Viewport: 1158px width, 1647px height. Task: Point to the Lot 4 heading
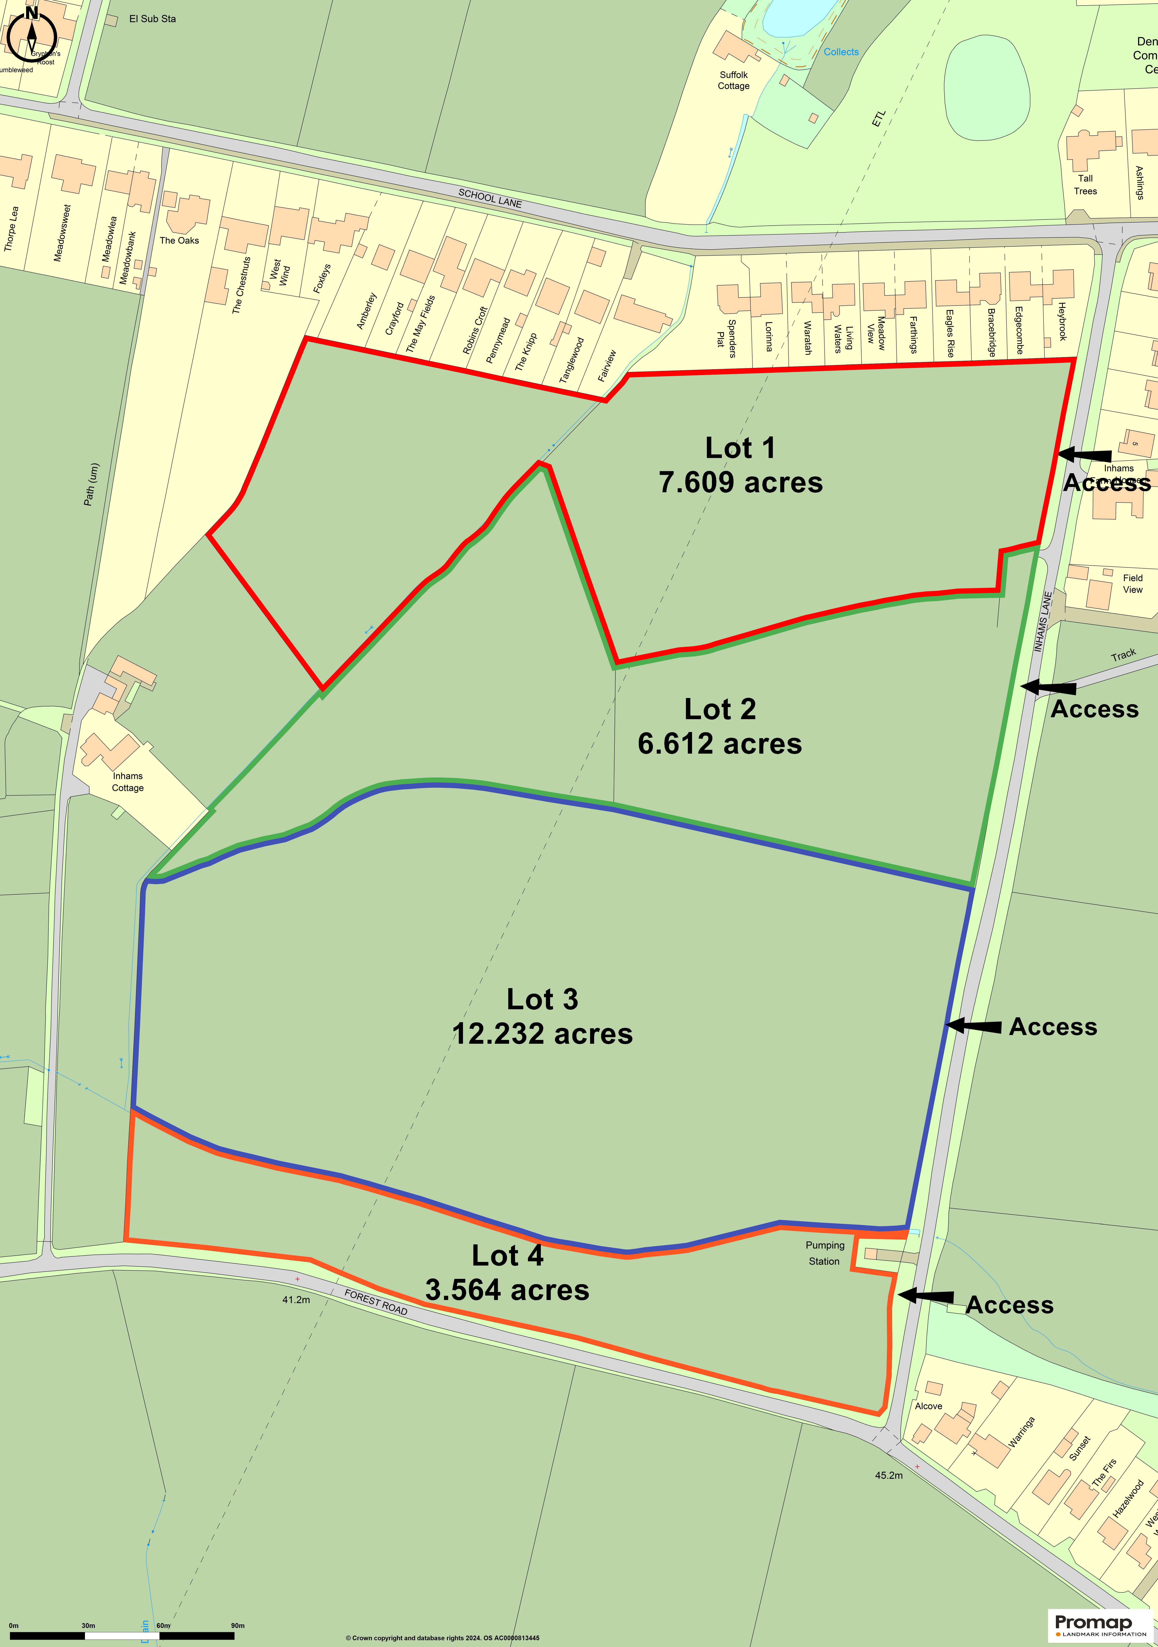pyautogui.click(x=507, y=1255)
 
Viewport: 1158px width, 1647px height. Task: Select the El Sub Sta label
pyautogui.click(x=152, y=19)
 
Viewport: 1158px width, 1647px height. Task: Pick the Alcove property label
pyautogui.click(x=928, y=1406)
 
